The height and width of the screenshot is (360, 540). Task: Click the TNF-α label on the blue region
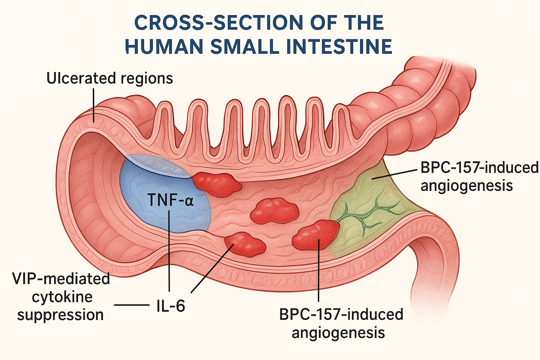tap(170, 201)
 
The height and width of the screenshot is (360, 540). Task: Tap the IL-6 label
tap(170, 306)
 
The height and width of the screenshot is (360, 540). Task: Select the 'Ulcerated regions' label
tap(110, 78)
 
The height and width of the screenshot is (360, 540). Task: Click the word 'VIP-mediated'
tap(61, 279)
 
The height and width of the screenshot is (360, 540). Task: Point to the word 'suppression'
tap(60, 315)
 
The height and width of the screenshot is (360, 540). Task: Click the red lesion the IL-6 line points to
tap(245, 243)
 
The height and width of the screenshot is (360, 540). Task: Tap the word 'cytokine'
tap(62, 297)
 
